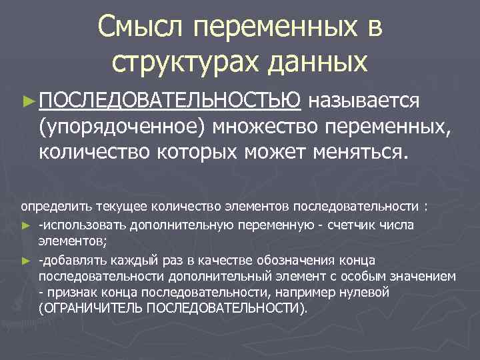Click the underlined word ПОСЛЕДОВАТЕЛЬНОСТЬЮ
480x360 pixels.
[170, 100]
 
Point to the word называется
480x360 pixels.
[365, 100]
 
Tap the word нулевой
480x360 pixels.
[407, 292]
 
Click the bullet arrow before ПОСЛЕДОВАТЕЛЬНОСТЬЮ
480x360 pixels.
[27, 101]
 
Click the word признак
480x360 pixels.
[74, 292]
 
